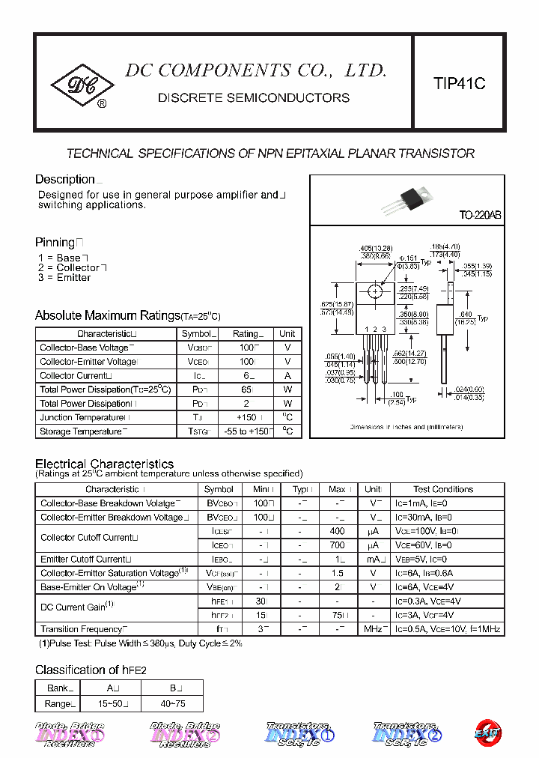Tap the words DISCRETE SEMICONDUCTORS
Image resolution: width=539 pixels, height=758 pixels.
pos(254,98)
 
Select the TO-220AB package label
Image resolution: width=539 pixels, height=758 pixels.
pos(480,215)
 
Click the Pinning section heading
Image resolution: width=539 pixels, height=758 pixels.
pos(55,242)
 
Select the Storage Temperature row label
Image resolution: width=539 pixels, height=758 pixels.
pos(81,431)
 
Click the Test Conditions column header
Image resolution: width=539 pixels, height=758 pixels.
pos(443,489)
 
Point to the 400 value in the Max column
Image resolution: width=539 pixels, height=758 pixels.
pos(337,531)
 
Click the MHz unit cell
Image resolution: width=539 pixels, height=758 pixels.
pos(373,629)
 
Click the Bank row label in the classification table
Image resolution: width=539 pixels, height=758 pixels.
pos(58,688)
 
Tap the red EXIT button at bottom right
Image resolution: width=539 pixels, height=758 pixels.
pos(488,733)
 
